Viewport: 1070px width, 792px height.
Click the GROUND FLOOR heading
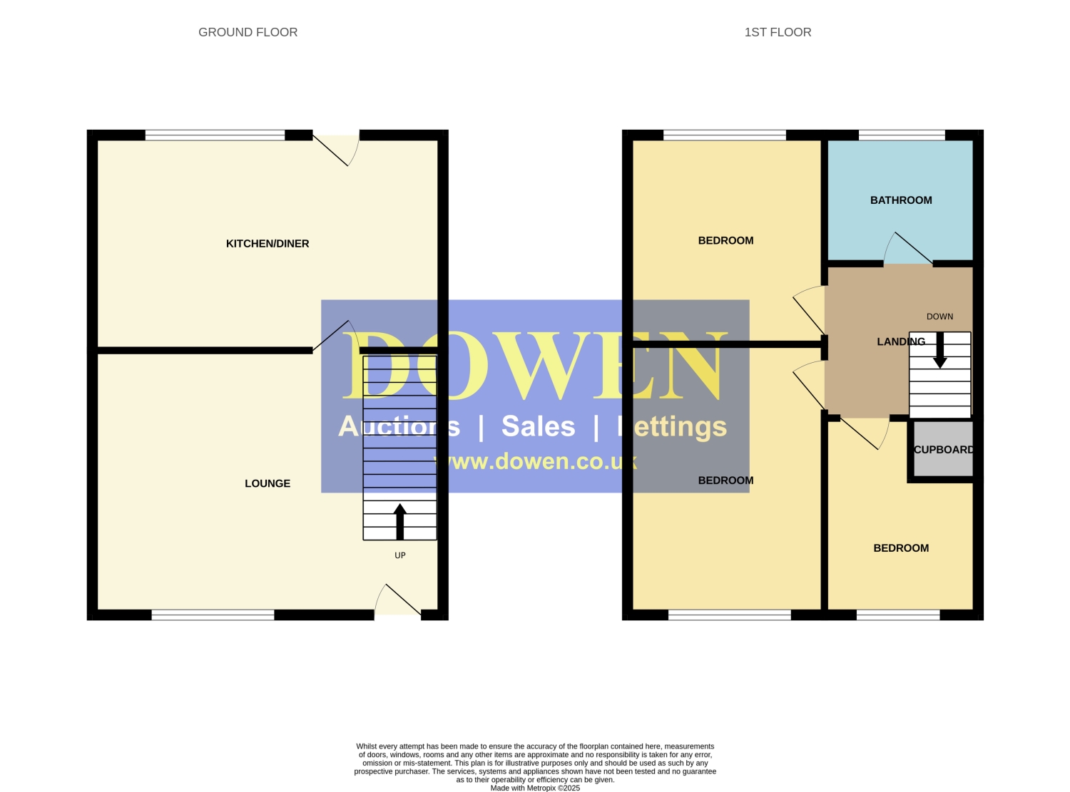[x=248, y=32]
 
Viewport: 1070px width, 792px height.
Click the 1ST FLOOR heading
[x=777, y=32]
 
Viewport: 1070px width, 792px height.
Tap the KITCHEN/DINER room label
[x=267, y=244]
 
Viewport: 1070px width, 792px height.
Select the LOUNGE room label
[x=267, y=483]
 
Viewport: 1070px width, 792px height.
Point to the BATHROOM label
[x=901, y=200]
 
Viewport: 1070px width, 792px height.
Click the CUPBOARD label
[x=944, y=450]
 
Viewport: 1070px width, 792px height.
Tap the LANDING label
[x=901, y=341]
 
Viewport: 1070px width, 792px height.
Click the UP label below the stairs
[x=400, y=555]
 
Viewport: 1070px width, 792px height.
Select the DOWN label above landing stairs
[x=939, y=317]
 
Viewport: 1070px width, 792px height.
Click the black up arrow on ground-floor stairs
[x=400, y=522]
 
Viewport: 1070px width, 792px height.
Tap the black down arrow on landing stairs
[x=939, y=351]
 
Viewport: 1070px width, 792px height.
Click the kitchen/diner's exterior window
[x=215, y=135]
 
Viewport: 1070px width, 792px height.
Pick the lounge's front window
[x=213, y=614]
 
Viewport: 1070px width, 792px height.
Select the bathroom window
[x=902, y=135]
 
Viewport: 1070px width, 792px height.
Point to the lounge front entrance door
[x=398, y=600]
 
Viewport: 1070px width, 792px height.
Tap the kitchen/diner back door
[x=336, y=150]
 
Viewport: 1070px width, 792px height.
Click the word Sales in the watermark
[x=539, y=426]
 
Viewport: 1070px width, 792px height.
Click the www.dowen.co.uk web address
[x=536, y=461]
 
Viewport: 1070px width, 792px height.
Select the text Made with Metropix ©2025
[x=535, y=788]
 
